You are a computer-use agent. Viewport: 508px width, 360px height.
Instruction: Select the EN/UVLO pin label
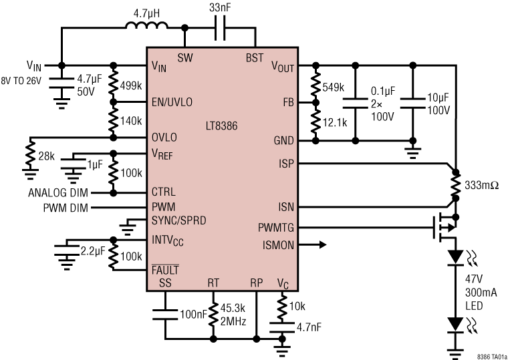(x=172, y=102)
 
